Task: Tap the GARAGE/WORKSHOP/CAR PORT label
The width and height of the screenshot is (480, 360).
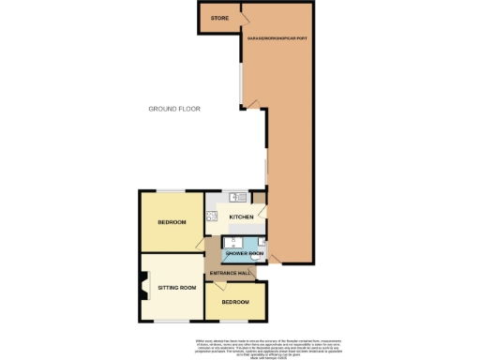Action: pos(277,37)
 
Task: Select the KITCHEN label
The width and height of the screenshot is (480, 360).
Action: pos(241,217)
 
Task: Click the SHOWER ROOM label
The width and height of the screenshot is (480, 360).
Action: pos(244,254)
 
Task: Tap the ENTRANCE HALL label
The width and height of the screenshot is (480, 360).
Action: pos(230,273)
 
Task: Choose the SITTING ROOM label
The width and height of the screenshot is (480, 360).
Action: pos(176,287)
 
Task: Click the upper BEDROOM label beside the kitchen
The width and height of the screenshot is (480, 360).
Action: pos(172,222)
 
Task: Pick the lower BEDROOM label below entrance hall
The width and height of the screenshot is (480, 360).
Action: pos(235,303)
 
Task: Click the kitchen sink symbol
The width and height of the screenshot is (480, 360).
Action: pos(237,197)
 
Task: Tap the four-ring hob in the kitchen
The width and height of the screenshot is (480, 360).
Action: pos(212,217)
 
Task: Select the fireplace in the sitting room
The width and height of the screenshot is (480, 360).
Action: pos(143,286)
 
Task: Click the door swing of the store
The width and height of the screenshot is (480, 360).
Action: pos(242,12)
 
